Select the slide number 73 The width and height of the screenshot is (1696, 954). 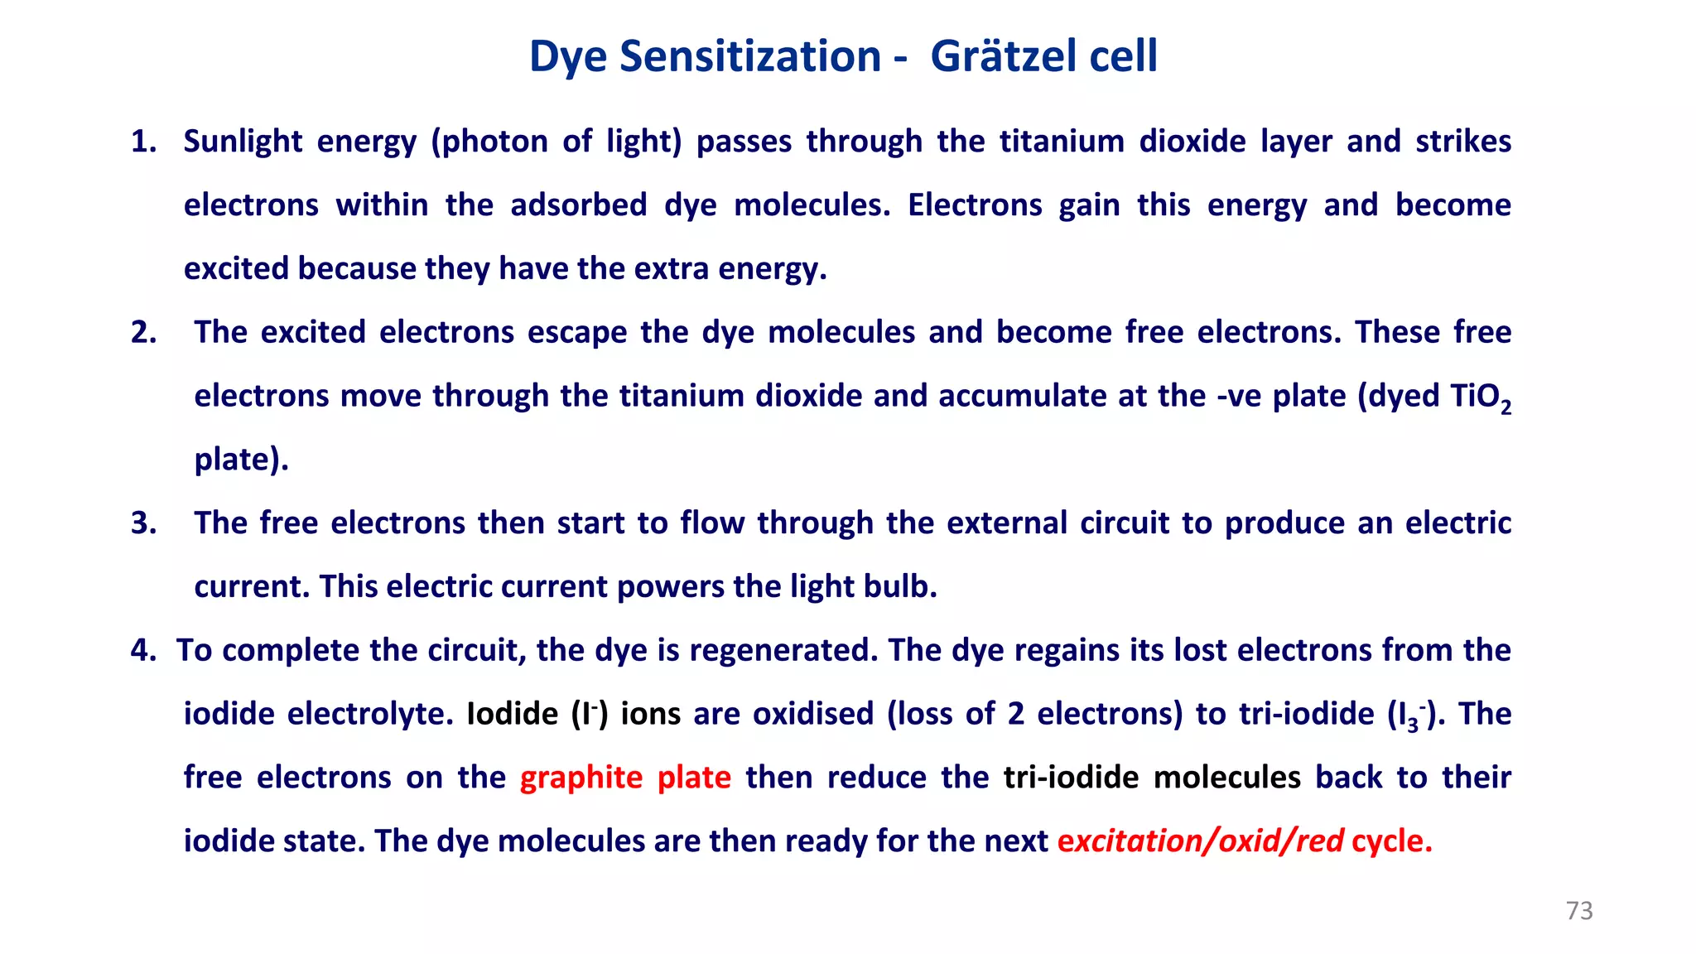1579,911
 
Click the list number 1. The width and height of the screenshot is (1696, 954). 143,142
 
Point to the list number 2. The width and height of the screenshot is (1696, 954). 143,333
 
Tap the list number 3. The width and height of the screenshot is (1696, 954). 143,523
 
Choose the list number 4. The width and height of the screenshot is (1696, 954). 143,651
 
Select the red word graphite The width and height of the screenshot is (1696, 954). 581,778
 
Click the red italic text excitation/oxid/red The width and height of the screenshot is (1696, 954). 1200,841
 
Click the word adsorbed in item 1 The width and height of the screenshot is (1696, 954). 579,205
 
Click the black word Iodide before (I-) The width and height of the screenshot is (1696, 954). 513,714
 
